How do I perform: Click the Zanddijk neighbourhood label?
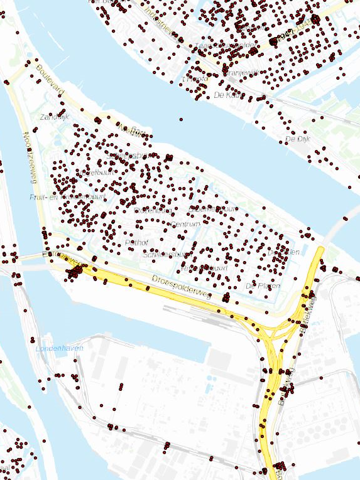point(53,117)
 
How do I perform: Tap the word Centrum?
point(185,224)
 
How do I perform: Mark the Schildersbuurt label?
point(167,255)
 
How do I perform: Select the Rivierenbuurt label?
point(204,268)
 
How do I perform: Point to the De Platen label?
point(263,285)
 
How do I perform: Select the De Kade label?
point(227,95)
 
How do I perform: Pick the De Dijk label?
point(298,139)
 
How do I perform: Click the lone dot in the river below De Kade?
point(181,119)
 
